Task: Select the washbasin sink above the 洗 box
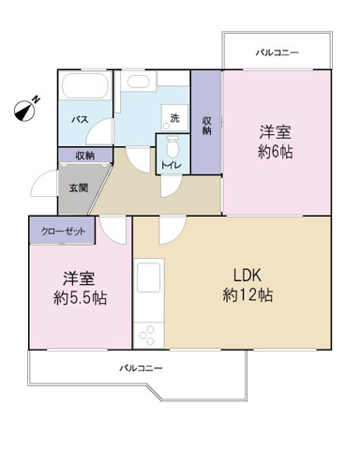139,82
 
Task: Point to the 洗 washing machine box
173,118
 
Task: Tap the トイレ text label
172,166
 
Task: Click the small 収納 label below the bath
84,156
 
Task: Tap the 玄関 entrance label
77,187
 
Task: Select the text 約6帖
276,153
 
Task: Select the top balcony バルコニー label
277,53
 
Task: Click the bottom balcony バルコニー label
141,369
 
